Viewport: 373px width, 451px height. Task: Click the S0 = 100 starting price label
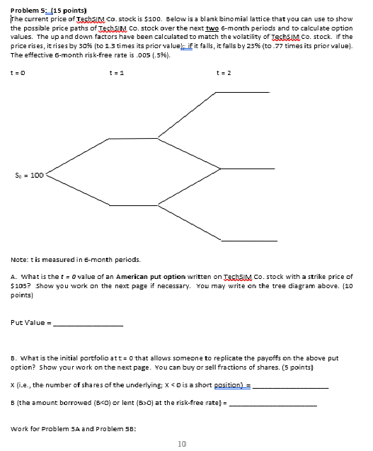(26, 173)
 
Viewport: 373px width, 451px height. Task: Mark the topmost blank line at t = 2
(244, 92)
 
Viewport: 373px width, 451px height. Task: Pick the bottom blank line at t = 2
(244, 241)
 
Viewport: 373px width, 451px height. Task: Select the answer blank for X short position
(292, 387)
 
